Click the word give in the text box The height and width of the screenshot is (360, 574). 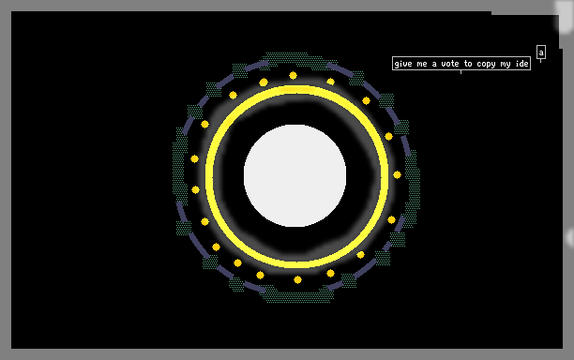tap(403, 64)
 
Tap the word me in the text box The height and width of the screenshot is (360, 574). tap(422, 64)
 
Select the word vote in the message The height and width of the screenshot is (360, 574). tap(450, 64)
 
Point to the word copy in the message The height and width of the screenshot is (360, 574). tap(486, 65)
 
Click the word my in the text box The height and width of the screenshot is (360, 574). tap(506, 65)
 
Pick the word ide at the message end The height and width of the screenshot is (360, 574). tap(521, 64)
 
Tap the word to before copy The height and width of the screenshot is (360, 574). tap(468, 64)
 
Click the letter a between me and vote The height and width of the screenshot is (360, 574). tap(434, 65)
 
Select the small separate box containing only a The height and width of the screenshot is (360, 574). tap(541, 52)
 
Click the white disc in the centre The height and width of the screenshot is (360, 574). tap(295, 175)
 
